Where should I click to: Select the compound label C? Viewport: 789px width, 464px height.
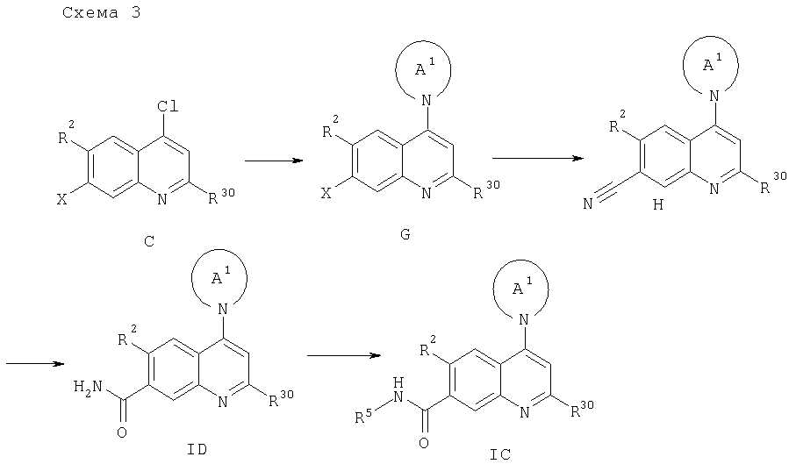coord(147,239)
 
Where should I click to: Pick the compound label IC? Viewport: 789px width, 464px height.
coord(500,453)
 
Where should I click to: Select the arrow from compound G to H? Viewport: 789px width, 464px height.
coord(537,158)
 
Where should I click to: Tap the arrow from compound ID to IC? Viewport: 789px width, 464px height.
coord(343,356)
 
